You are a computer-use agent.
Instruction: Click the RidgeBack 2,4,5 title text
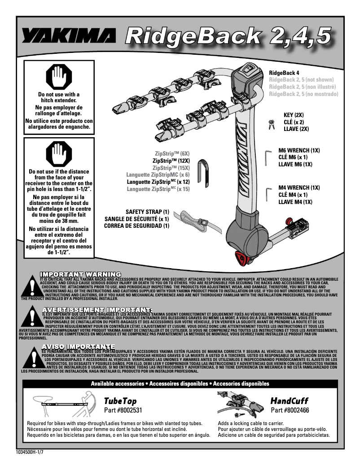[229, 36]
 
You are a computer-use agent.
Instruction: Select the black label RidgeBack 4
[284, 73]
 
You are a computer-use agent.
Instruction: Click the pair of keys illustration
[272, 124]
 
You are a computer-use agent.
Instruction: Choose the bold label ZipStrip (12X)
[171, 160]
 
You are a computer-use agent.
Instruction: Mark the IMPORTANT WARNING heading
[80, 274]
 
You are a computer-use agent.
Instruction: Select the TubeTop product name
[120, 400]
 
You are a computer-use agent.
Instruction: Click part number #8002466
[290, 410]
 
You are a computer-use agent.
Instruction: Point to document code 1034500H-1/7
[30, 452]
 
